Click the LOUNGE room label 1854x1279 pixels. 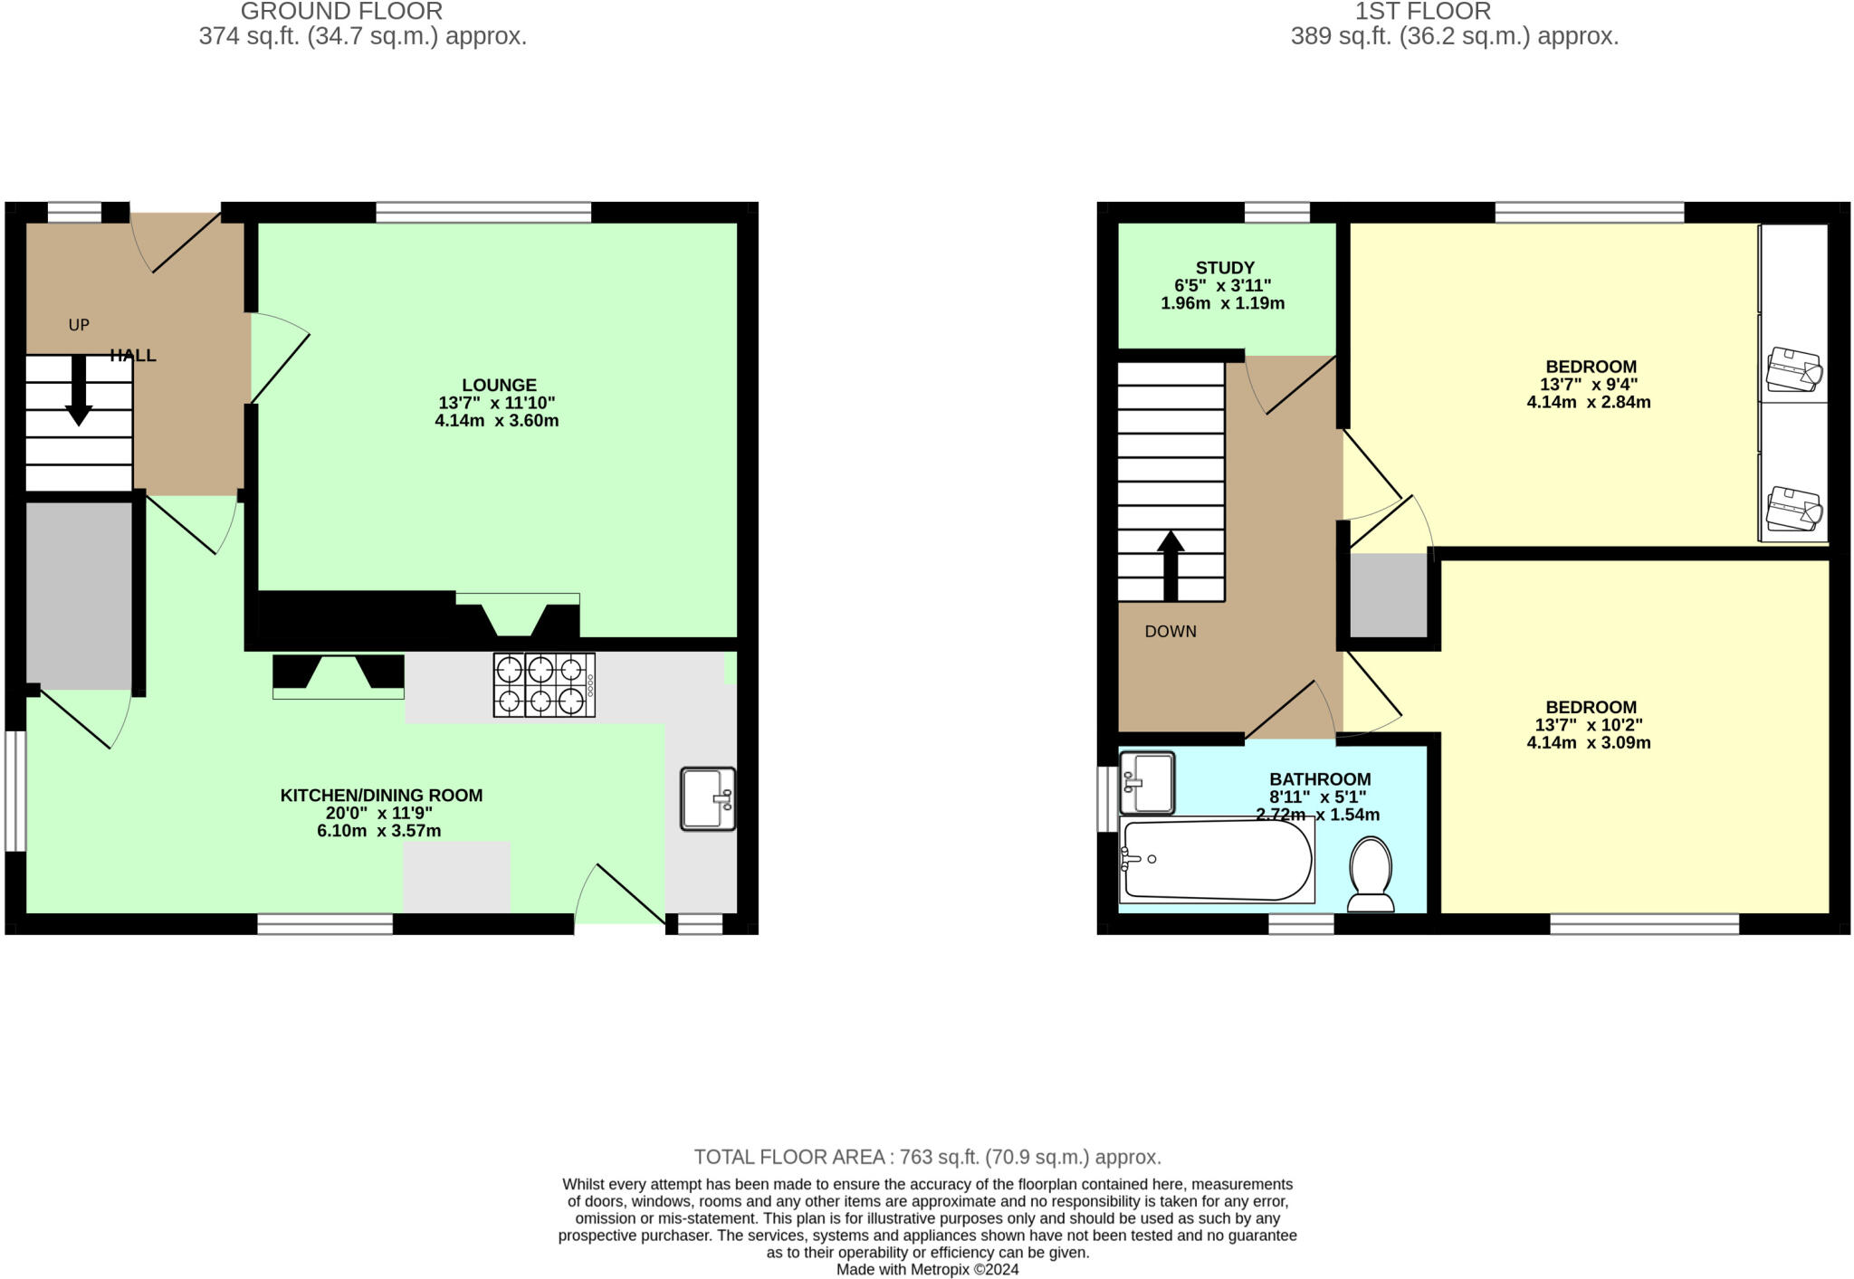coord(499,385)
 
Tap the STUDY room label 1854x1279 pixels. coord(1225,268)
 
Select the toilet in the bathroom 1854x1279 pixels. coord(1371,873)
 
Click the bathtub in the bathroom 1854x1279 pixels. coord(1216,859)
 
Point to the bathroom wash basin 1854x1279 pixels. coord(1147,783)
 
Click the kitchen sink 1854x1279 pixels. coord(707,798)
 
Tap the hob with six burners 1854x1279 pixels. coord(543,685)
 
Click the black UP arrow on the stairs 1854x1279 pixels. coord(79,389)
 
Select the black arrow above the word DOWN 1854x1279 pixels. coord(1171,566)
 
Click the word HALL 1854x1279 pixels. coord(133,356)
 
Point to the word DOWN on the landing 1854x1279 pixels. coord(1171,632)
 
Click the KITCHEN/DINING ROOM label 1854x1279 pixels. coord(381,796)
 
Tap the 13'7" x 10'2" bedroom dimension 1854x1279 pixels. coord(1589,725)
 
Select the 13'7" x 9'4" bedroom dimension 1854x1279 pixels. coord(1589,385)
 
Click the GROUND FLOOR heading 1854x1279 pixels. coord(342,12)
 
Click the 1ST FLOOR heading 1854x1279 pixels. coord(1422,12)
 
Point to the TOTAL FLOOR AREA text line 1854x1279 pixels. coord(927,1157)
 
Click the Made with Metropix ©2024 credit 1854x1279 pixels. coord(927,1269)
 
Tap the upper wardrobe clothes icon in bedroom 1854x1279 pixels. coord(1793,369)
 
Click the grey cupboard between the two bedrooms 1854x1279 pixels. coord(1389,596)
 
